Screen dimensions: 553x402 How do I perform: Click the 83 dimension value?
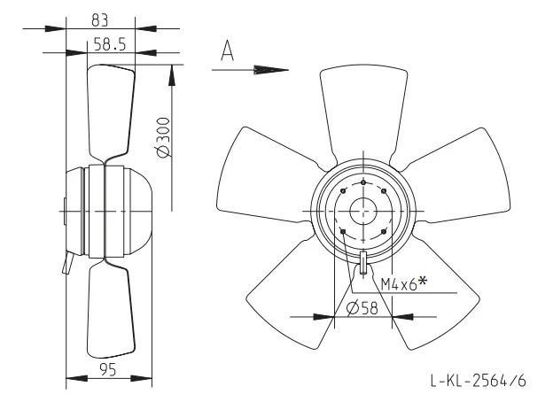(x=100, y=20)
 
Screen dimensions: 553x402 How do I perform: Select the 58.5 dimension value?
(x=110, y=45)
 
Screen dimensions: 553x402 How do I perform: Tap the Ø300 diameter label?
(x=162, y=137)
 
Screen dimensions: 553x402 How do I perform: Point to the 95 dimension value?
(x=108, y=370)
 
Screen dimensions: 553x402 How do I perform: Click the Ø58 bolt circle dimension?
(x=362, y=308)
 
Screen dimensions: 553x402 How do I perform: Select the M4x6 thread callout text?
(x=404, y=283)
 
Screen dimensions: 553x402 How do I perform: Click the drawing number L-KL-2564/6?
(x=479, y=381)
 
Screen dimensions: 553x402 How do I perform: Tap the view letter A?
(x=228, y=50)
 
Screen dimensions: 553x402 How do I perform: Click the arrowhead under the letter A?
(x=271, y=70)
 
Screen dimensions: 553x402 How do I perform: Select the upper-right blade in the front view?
(x=455, y=176)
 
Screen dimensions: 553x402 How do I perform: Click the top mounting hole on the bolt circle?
(x=363, y=182)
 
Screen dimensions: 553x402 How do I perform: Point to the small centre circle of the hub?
(x=363, y=212)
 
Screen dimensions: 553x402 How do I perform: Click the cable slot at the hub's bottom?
(x=363, y=263)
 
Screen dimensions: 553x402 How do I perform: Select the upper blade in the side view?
(x=111, y=112)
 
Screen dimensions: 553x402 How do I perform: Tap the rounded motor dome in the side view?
(x=139, y=212)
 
